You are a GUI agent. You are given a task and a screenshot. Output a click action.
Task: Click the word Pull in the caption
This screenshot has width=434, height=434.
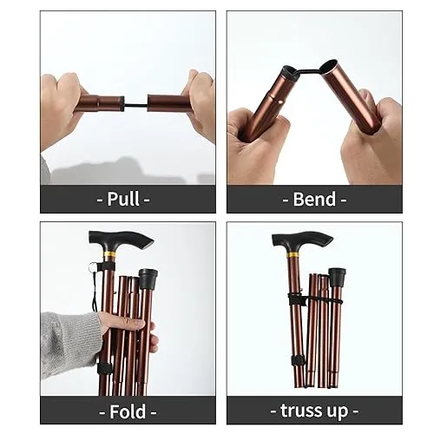pos(128,199)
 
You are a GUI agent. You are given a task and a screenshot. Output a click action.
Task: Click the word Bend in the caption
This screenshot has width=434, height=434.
pos(315,199)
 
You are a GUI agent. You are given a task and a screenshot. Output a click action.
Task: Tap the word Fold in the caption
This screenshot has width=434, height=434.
pos(128,410)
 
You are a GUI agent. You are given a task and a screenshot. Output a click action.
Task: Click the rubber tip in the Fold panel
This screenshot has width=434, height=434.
pos(148,279)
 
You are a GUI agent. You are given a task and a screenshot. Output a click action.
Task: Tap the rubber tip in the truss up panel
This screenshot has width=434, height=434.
pos(336,278)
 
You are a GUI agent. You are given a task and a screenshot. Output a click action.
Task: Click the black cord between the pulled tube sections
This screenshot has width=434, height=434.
pos(135,104)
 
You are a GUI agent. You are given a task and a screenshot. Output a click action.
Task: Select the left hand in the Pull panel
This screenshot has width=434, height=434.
pos(62,104)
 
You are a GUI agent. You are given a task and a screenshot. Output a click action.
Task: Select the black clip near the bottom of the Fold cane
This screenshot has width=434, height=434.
pos(105,368)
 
